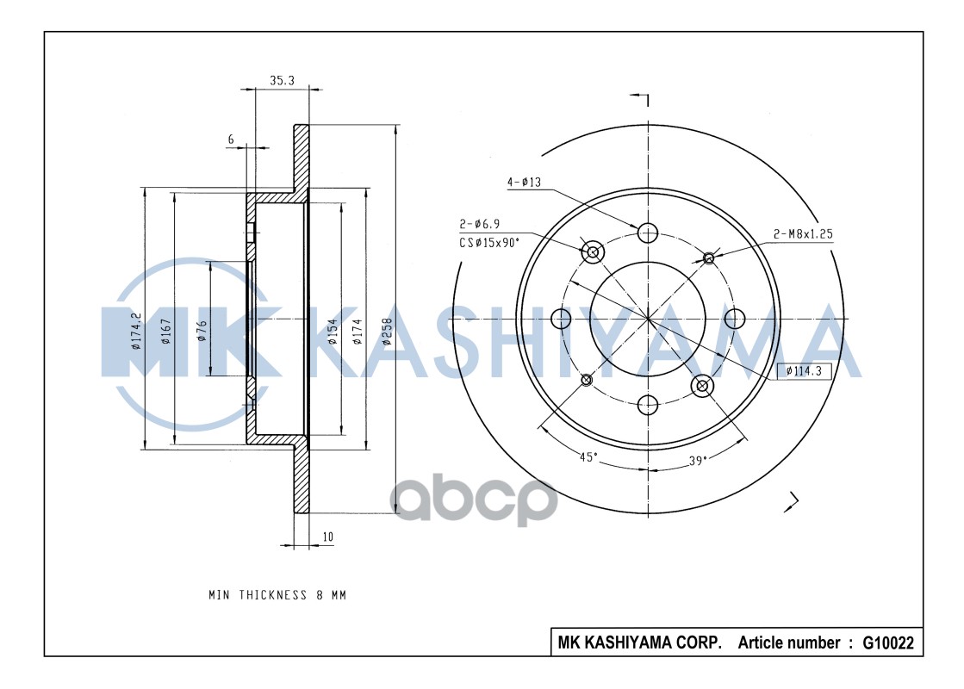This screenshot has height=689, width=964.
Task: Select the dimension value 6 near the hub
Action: [x=231, y=140]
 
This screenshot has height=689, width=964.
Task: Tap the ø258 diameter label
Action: [x=387, y=332]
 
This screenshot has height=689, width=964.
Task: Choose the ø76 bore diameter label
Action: [x=201, y=331]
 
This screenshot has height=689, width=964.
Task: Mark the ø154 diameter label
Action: [x=332, y=332]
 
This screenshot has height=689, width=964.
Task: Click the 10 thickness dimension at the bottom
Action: [x=327, y=537]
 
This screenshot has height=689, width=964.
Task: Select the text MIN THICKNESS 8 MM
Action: [x=277, y=595]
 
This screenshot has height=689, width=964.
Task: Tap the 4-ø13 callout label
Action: [x=523, y=182]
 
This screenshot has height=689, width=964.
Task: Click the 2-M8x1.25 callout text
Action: [x=802, y=233]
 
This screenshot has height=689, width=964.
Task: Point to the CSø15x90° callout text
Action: [x=489, y=243]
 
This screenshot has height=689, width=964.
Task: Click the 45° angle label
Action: [x=588, y=458]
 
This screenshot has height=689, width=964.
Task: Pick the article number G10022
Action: [x=887, y=642]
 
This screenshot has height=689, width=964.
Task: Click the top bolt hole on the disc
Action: [x=648, y=233]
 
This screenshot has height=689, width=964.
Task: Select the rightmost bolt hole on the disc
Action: [x=734, y=320]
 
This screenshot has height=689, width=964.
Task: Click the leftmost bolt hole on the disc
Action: [x=561, y=320]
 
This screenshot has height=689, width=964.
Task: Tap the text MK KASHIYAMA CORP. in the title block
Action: [x=639, y=642]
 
